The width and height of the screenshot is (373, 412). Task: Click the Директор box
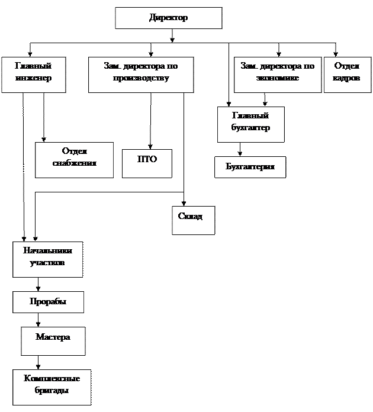point(168,18)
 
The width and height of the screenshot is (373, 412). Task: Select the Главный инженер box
point(33,75)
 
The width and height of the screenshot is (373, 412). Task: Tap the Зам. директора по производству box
point(141,75)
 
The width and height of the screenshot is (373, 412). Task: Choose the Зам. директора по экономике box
point(278,75)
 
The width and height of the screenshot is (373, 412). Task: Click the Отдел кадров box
point(347,75)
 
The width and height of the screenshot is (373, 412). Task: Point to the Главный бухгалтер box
point(250,124)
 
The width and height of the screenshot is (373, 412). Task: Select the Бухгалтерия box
point(250,167)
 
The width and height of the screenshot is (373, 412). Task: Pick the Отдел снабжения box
point(74,160)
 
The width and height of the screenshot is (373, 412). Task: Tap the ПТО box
point(147,163)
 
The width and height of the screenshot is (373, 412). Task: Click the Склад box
point(193,220)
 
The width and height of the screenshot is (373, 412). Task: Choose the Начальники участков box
point(47,259)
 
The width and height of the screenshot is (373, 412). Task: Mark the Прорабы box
point(48,302)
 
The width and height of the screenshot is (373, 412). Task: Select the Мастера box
point(53,341)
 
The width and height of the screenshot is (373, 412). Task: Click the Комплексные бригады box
point(52,387)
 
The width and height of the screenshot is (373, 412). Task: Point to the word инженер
point(33,78)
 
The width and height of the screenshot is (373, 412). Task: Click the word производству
point(141,78)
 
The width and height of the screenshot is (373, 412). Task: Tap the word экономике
point(278,78)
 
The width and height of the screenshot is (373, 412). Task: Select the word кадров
point(347,78)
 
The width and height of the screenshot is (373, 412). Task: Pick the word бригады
point(52,391)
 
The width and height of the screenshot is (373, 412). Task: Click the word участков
point(47,262)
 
